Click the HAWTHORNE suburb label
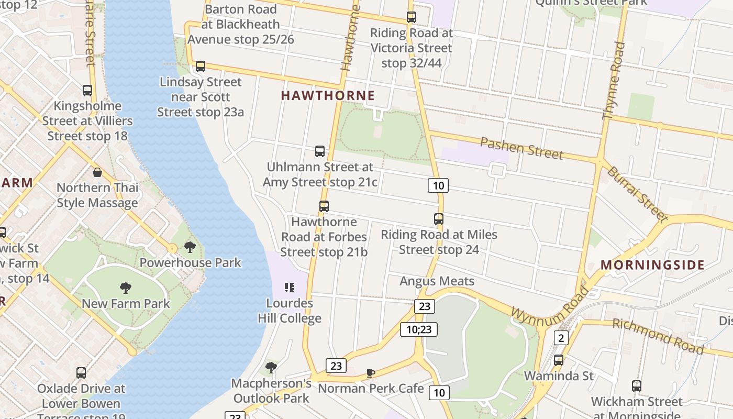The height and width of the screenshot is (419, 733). point(328,95)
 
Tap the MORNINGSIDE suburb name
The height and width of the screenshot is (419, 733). point(652,264)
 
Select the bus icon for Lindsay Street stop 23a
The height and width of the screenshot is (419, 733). point(200,67)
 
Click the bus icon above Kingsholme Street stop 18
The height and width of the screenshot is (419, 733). point(87,90)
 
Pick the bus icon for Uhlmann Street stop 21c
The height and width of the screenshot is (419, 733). point(320,151)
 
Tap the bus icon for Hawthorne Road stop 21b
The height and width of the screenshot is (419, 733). point(324,206)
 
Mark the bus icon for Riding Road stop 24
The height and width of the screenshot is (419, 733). point(439,219)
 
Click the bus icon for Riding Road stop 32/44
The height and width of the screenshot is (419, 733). point(412,17)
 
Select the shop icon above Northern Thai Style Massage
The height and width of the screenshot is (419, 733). point(97,172)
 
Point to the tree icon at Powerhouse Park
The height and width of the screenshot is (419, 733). point(190,247)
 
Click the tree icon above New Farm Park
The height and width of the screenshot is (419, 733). point(125,288)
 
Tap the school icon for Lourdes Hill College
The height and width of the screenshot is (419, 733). point(289,288)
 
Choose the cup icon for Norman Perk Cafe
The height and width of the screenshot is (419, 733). point(371,373)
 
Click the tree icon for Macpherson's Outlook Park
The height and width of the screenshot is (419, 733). point(271,367)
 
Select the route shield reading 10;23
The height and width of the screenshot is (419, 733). point(419,329)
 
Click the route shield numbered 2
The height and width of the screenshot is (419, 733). point(561,338)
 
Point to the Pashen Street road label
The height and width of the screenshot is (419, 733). point(521,149)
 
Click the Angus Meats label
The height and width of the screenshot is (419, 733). point(437,281)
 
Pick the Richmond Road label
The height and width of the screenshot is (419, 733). point(658,336)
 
